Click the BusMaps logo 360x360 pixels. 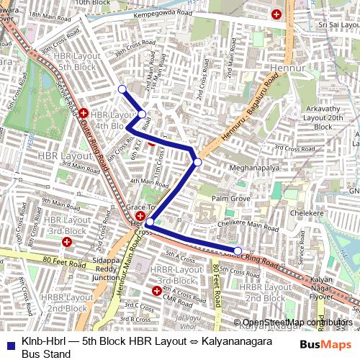pyautogui.click(x=326, y=344)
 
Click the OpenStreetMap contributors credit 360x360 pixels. pyautogui.click(x=297, y=322)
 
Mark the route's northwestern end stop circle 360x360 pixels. pyautogui.click(x=122, y=89)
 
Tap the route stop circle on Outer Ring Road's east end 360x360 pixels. pyautogui.click(x=238, y=251)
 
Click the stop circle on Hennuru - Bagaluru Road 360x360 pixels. pyautogui.click(x=197, y=162)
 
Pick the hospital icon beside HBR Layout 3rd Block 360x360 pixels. pyautogui.click(x=66, y=242)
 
